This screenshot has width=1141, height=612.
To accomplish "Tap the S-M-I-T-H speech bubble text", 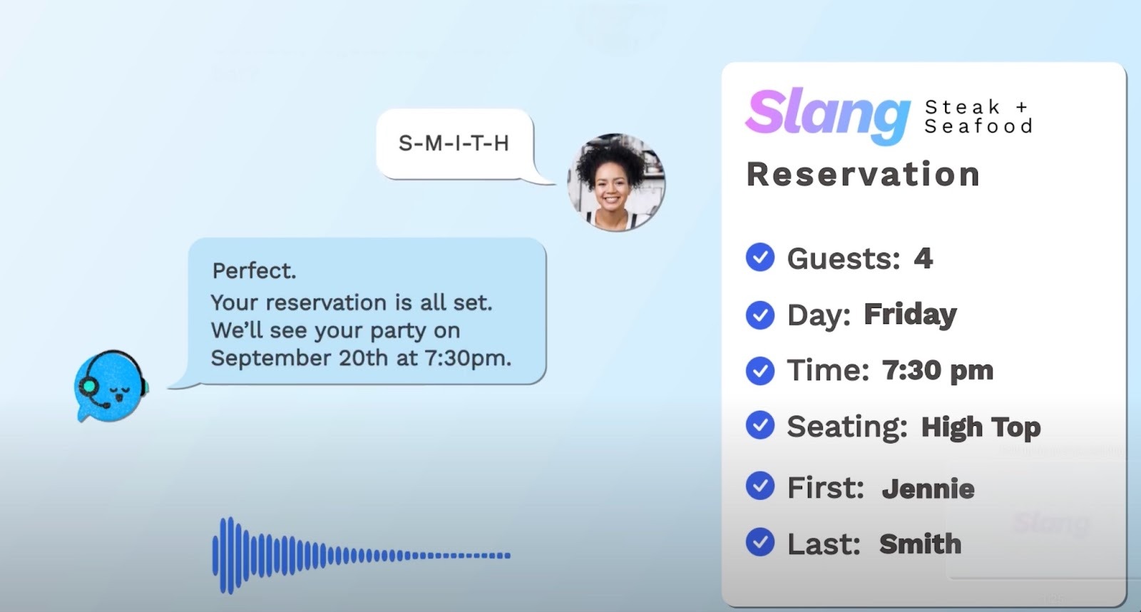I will pyautogui.click(x=454, y=143).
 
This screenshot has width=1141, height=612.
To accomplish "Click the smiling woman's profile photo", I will pyautogui.click(x=616, y=182).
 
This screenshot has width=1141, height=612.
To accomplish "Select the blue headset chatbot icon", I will pyautogui.click(x=111, y=386).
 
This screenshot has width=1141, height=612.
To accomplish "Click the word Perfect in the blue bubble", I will pyautogui.click(x=254, y=271).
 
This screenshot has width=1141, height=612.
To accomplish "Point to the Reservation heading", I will pyautogui.click(x=863, y=175).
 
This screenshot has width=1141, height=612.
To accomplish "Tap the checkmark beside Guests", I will pyautogui.click(x=760, y=257).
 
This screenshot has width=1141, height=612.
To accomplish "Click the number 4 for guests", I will pyautogui.click(x=923, y=258).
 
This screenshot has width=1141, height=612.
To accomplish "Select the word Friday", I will pyautogui.click(x=910, y=314).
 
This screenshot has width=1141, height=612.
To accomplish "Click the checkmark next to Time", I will pyautogui.click(x=760, y=370).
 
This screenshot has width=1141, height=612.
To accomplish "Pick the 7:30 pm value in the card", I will pyautogui.click(x=938, y=370).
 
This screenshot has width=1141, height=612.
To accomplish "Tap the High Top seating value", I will pyautogui.click(x=981, y=427).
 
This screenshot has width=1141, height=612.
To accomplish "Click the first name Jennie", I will pyautogui.click(x=928, y=489).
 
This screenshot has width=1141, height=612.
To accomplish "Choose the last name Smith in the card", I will pyautogui.click(x=920, y=544).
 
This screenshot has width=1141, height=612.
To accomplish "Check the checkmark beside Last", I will pyautogui.click(x=760, y=543).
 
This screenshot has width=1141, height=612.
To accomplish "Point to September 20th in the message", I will pyautogui.click(x=300, y=357).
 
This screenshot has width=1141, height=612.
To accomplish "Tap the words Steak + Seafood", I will pyautogui.click(x=978, y=116).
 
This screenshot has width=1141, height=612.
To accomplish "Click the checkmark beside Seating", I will pyautogui.click(x=760, y=426).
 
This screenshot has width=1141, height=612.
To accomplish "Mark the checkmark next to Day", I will pyautogui.click(x=760, y=315).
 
